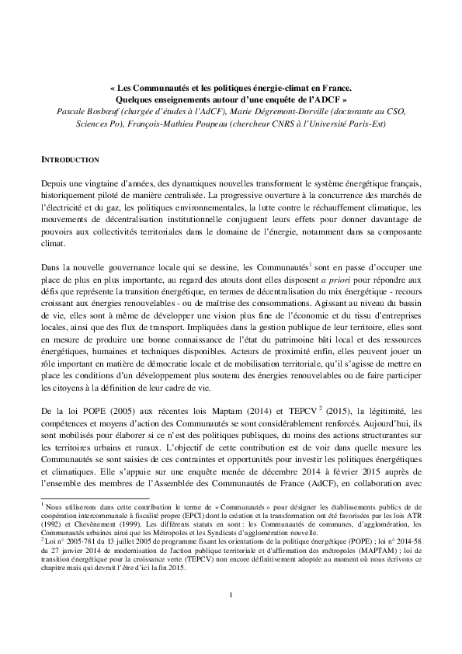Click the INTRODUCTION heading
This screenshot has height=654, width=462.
pos(69,159)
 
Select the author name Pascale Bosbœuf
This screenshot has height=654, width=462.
pos(85,110)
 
